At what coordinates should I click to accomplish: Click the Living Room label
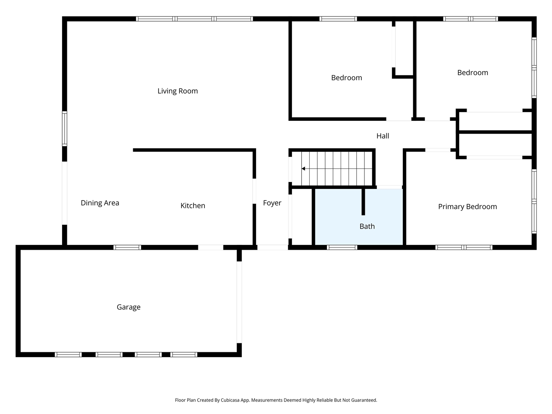[x=177, y=91]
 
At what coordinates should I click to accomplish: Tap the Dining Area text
[x=100, y=203]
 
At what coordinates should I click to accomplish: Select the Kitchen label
[x=192, y=206]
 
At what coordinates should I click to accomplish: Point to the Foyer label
[x=272, y=203]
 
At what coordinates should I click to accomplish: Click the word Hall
[x=383, y=136]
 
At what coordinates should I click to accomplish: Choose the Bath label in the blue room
[x=367, y=226]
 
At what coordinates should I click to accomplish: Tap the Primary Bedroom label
[x=467, y=207]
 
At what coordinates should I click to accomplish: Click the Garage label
[x=129, y=307]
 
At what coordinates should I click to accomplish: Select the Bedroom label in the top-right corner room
[x=473, y=72]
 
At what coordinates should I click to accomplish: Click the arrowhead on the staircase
[x=304, y=169]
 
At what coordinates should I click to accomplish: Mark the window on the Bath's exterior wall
[x=342, y=248]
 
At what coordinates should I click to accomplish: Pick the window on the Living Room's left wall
[x=65, y=129]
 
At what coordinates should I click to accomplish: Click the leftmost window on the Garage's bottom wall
[x=68, y=354]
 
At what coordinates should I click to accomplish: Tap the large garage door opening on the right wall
[x=239, y=302]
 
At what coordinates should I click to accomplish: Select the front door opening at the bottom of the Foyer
[x=272, y=248]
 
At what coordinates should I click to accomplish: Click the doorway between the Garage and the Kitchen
[x=210, y=248]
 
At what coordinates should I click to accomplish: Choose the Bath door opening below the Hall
[x=389, y=187]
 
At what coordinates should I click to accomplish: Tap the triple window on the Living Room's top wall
[x=194, y=19]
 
